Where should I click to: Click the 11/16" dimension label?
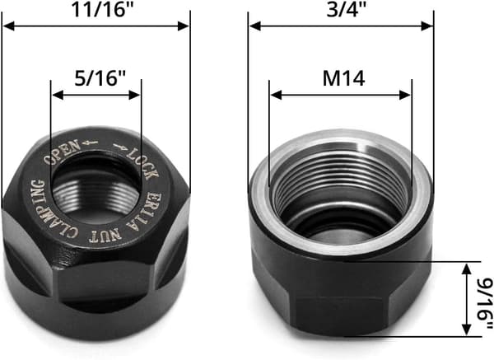point(103,9)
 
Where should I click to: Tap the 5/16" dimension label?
point(100,78)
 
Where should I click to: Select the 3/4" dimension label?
point(347,10)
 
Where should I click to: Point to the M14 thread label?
point(343,78)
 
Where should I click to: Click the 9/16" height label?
point(485,302)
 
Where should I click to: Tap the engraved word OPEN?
point(63,152)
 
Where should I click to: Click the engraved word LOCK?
point(142,165)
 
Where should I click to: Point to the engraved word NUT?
point(105,236)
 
